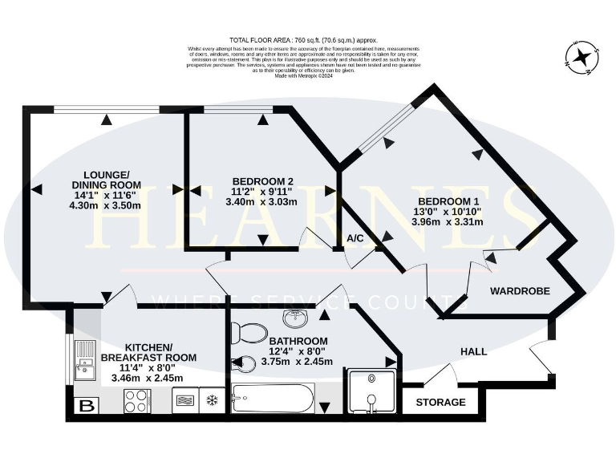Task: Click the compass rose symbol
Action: coord(582,55)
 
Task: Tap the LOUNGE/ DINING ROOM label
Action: coord(107,180)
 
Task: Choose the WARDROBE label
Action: coord(520,291)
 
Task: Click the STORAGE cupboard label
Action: coord(440,402)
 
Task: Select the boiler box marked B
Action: coord(83,406)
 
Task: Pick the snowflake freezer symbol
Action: coord(212,399)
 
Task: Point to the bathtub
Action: coord(273,399)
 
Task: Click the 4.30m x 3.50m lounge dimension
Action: coord(106,205)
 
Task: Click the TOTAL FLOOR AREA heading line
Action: coord(303,40)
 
